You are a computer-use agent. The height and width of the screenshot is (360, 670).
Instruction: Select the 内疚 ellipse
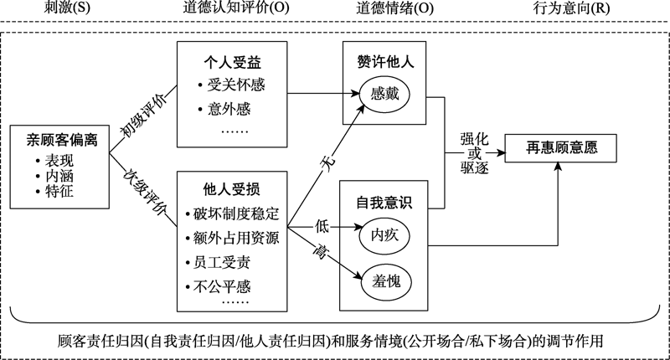point(384,236)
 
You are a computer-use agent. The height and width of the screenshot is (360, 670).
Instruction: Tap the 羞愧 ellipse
point(384,280)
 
